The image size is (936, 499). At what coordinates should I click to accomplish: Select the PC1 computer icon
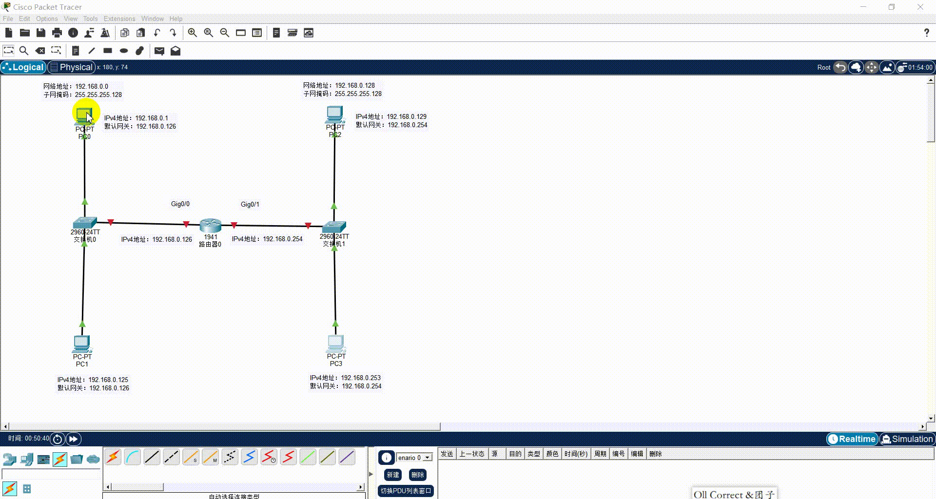(81, 344)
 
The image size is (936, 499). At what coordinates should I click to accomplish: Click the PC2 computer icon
(334, 115)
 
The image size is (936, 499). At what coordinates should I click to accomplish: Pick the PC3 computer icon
(335, 343)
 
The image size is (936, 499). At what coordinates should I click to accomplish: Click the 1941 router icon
(211, 226)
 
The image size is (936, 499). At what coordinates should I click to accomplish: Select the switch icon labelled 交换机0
(85, 223)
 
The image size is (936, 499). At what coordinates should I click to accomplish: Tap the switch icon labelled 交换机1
(334, 227)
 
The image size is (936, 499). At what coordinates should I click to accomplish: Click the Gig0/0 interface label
(180, 204)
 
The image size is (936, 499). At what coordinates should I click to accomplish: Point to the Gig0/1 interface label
(250, 204)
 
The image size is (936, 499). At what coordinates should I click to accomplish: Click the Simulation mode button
(907, 439)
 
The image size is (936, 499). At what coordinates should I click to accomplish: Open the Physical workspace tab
(72, 67)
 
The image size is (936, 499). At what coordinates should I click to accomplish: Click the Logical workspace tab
(23, 67)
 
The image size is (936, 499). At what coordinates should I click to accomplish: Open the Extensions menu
(119, 19)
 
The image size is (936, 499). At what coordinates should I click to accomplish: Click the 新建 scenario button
(393, 475)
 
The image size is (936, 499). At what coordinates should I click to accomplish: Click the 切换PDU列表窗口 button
(406, 491)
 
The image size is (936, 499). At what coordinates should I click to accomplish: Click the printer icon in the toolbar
(57, 33)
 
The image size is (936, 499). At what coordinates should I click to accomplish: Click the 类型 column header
(534, 454)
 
